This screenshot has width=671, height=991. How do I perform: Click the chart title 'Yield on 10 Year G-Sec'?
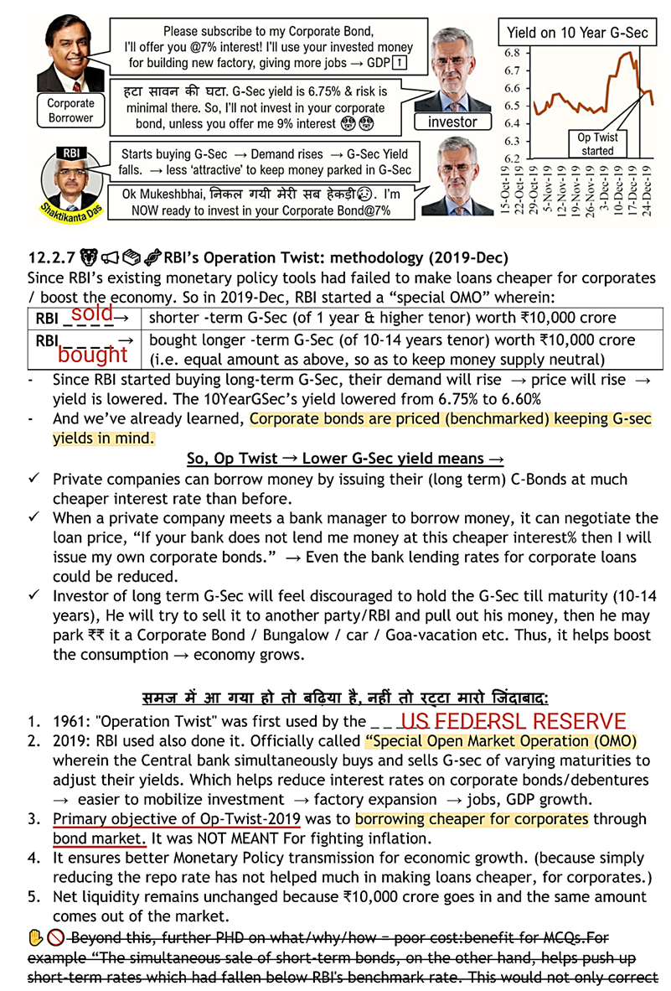(x=577, y=34)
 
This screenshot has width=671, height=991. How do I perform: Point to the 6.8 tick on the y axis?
(x=511, y=53)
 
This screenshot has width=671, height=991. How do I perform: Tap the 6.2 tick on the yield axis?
(x=511, y=158)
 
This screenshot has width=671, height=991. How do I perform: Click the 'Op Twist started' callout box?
(x=597, y=143)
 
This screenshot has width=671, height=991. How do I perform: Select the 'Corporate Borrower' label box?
(x=70, y=111)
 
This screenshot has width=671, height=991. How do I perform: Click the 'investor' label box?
(x=452, y=122)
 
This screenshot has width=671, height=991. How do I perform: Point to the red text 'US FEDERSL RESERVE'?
(x=512, y=721)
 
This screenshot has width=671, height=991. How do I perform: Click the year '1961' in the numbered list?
(x=69, y=722)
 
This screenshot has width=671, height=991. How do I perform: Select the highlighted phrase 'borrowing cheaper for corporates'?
(x=472, y=819)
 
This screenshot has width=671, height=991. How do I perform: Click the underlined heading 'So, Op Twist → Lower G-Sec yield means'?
(x=345, y=459)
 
